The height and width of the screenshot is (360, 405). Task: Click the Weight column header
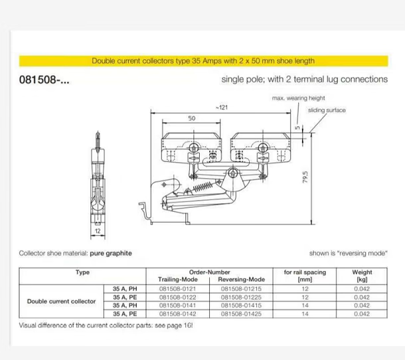[x=363, y=276]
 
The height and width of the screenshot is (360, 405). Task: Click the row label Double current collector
[x=62, y=300]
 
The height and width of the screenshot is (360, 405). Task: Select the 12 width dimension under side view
[x=97, y=232]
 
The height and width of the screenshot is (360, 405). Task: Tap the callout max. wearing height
[x=299, y=98]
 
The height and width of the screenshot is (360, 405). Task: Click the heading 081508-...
[x=44, y=79]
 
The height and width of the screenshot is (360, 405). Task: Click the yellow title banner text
[x=202, y=61]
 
